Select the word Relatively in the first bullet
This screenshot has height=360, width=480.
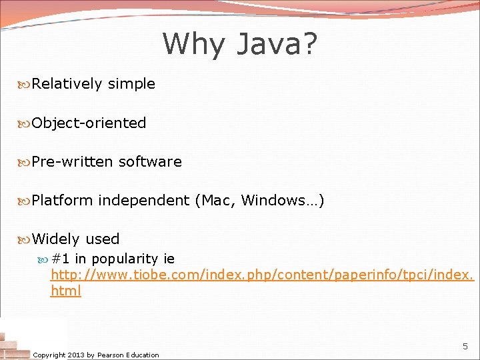tap(67, 84)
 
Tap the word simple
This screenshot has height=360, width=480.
tap(131, 84)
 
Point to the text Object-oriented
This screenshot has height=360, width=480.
tap(89, 123)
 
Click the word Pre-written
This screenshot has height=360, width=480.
tap(73, 161)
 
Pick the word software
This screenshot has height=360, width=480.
tap(150, 161)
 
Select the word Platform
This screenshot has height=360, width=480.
tap(62, 200)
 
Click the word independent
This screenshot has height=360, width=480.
tap(143, 200)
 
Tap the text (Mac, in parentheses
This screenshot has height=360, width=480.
tap(215, 200)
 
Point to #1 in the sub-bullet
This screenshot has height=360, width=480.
tap(61, 259)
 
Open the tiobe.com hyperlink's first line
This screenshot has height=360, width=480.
tap(262, 275)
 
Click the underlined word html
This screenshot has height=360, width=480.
tap(65, 291)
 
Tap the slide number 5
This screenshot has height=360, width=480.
tap(465, 347)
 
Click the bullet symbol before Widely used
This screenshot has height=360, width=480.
tap(25, 239)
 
